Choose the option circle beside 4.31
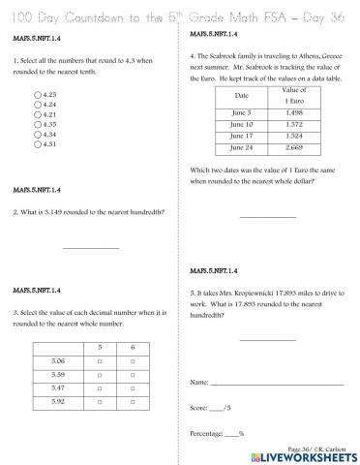[x=36, y=143]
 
